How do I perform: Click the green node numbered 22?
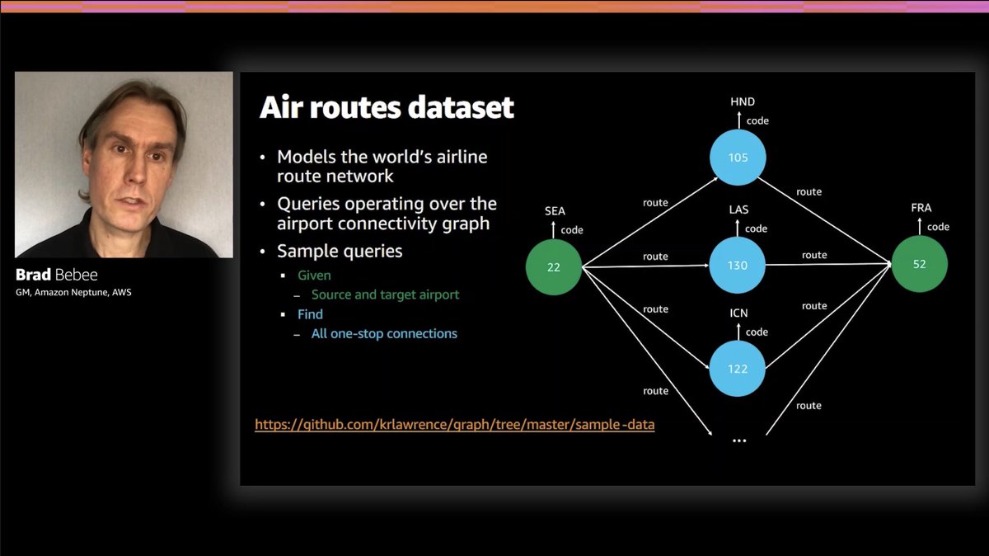click(554, 266)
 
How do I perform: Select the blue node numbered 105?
click(738, 157)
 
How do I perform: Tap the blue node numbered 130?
click(738, 266)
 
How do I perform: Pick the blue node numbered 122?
click(738, 369)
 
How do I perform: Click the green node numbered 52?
click(920, 264)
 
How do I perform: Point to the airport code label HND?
click(743, 102)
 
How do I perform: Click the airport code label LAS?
click(738, 210)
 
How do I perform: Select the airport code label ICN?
click(738, 314)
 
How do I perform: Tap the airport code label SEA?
click(555, 211)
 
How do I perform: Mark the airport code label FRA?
click(921, 209)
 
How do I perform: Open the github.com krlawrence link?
click(454, 426)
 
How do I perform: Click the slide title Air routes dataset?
click(387, 108)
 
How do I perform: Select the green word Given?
click(314, 275)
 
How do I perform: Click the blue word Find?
click(310, 314)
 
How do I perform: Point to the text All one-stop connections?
click(384, 334)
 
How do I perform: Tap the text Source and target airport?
click(385, 294)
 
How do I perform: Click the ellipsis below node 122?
click(738, 441)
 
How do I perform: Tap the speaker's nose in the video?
click(134, 174)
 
